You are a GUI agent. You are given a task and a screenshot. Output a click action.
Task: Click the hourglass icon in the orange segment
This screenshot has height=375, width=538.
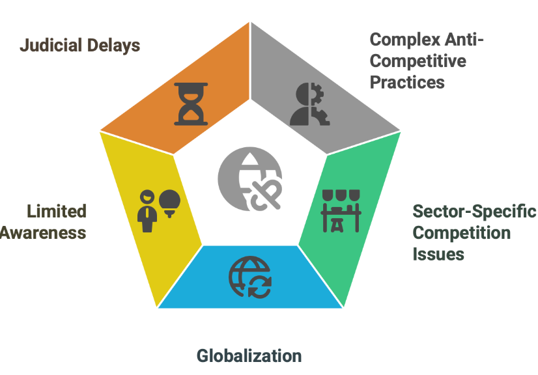coord(191,104)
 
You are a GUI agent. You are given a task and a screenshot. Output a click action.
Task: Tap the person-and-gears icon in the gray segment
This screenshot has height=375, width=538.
coord(307,104)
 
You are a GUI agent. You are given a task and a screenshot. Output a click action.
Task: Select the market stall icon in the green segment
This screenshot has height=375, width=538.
coord(341,210)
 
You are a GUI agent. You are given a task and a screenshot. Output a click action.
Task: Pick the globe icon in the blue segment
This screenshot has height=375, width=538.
coord(249,277)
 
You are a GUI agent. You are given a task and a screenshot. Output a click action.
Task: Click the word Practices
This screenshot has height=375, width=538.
coord(407,83)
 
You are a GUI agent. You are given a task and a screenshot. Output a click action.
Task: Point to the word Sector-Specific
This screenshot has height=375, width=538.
coord(474,212)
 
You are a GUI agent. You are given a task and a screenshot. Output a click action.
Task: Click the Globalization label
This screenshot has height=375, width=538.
coord(249,356)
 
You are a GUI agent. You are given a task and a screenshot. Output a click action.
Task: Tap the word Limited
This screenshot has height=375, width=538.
coord(57,212)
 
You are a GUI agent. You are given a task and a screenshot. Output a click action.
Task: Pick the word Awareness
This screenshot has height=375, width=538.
coord(43,232)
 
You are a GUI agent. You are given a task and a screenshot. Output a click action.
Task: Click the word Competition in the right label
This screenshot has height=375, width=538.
coord(462,232)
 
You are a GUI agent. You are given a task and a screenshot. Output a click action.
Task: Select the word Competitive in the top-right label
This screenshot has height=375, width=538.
coord(418,61)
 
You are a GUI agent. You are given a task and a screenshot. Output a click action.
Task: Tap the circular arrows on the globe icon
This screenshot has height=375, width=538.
coord(259,287)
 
